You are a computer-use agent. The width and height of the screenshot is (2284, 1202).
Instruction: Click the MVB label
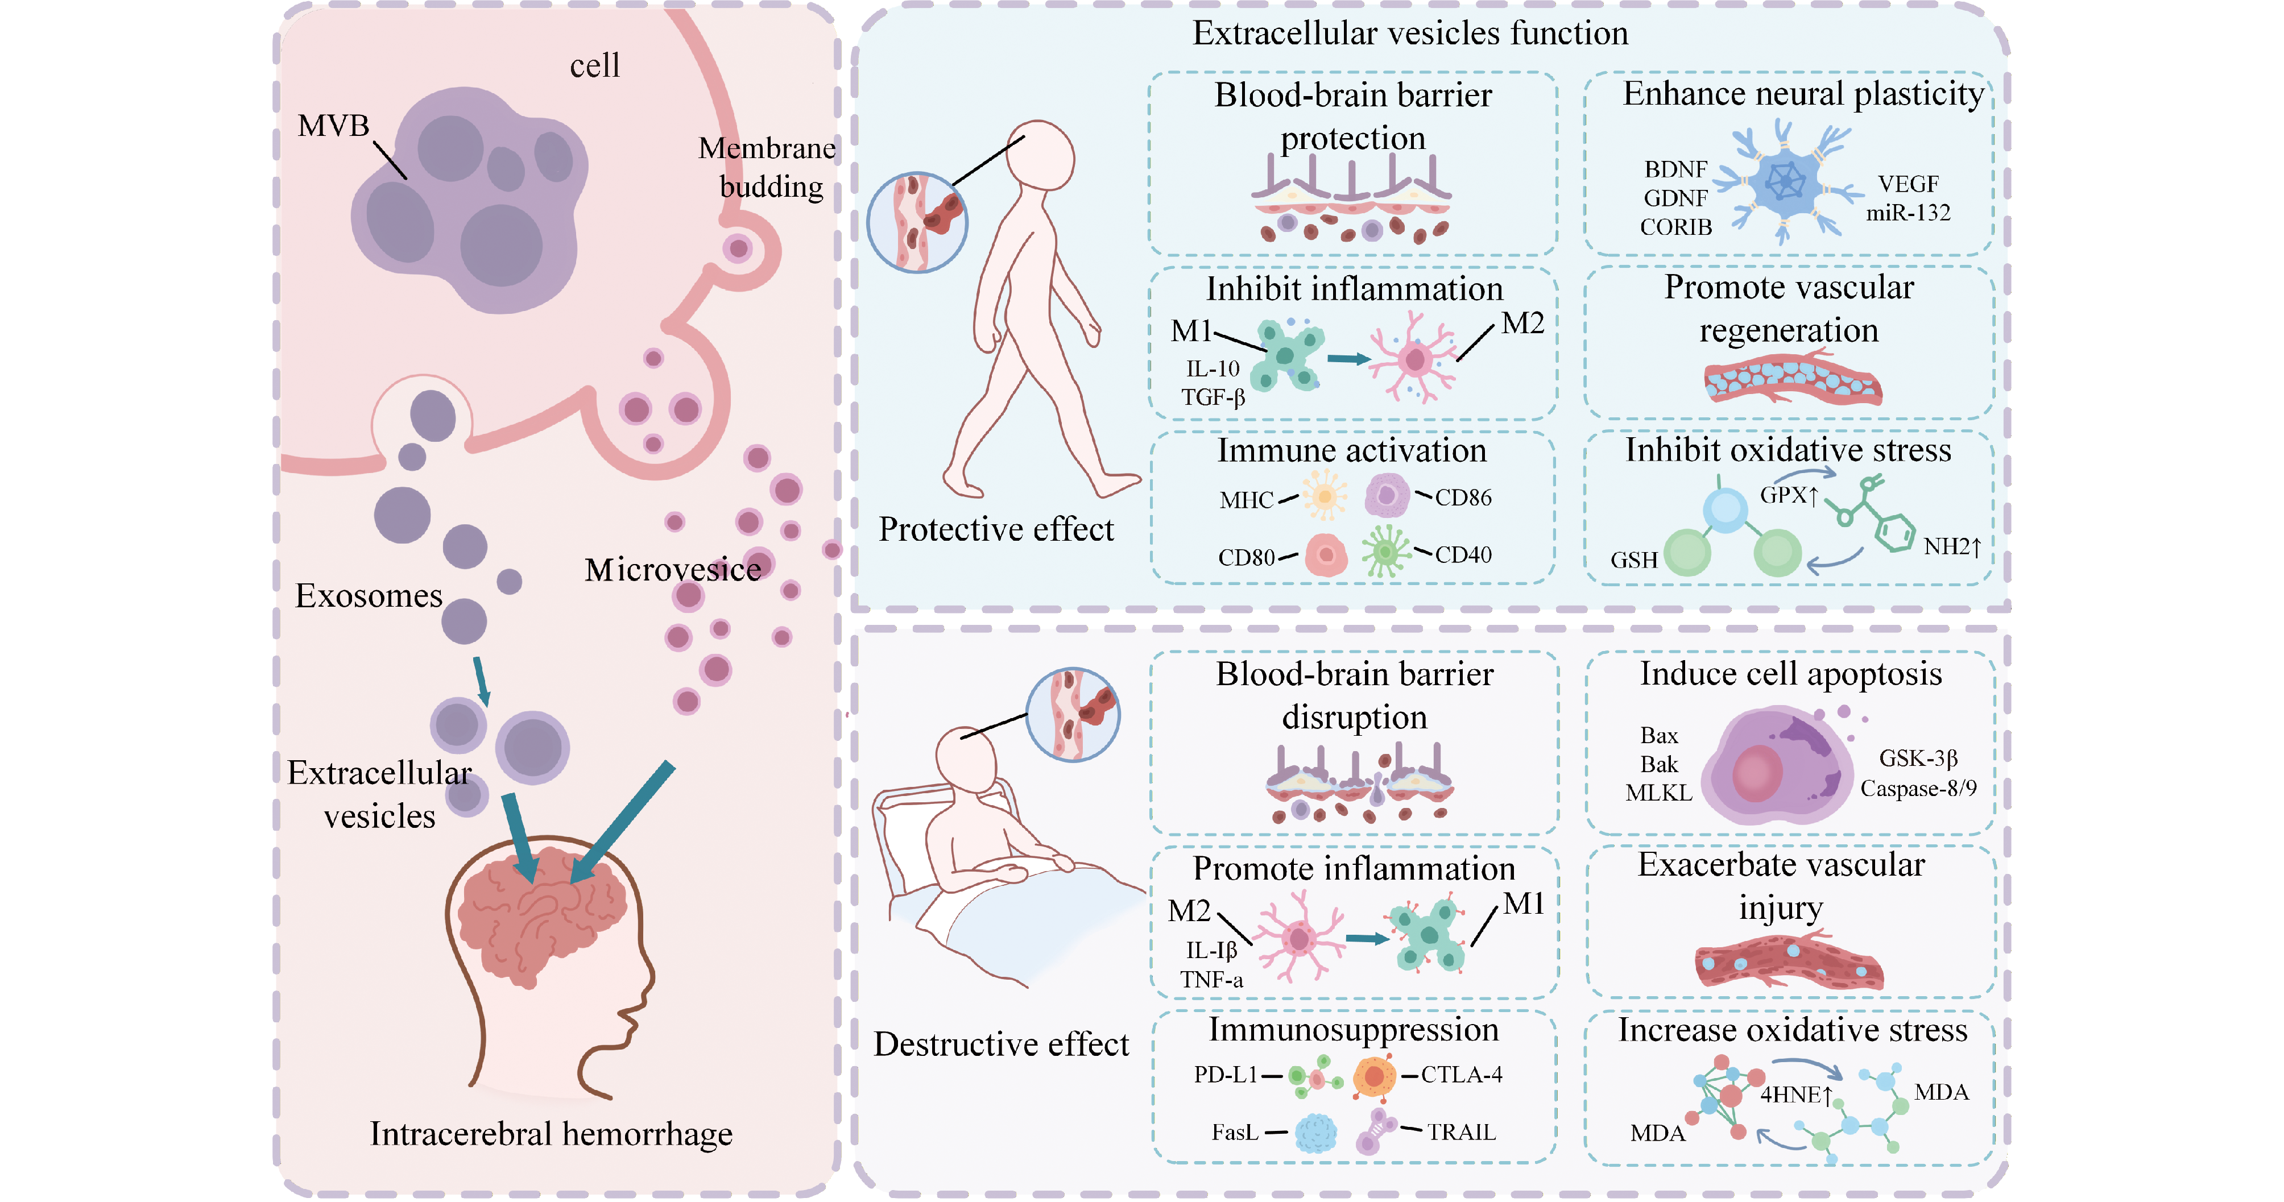(333, 126)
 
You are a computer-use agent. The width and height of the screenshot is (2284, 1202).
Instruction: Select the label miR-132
(1908, 213)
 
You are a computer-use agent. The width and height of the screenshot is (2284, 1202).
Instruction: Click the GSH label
(1634, 560)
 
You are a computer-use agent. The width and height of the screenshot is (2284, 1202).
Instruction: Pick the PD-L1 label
(1226, 1075)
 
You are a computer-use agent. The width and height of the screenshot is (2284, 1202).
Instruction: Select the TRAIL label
(1461, 1132)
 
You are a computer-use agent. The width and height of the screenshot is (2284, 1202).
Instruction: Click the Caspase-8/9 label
(1918, 788)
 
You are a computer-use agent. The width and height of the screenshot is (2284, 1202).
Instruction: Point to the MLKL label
(1658, 793)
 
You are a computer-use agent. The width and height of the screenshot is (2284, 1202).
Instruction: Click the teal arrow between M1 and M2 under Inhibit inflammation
(1348, 359)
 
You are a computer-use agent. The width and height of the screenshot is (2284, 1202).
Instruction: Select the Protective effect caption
(996, 529)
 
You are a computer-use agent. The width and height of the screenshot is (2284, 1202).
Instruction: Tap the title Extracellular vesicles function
(1410, 34)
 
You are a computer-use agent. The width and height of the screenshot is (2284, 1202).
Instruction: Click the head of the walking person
(1039, 155)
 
